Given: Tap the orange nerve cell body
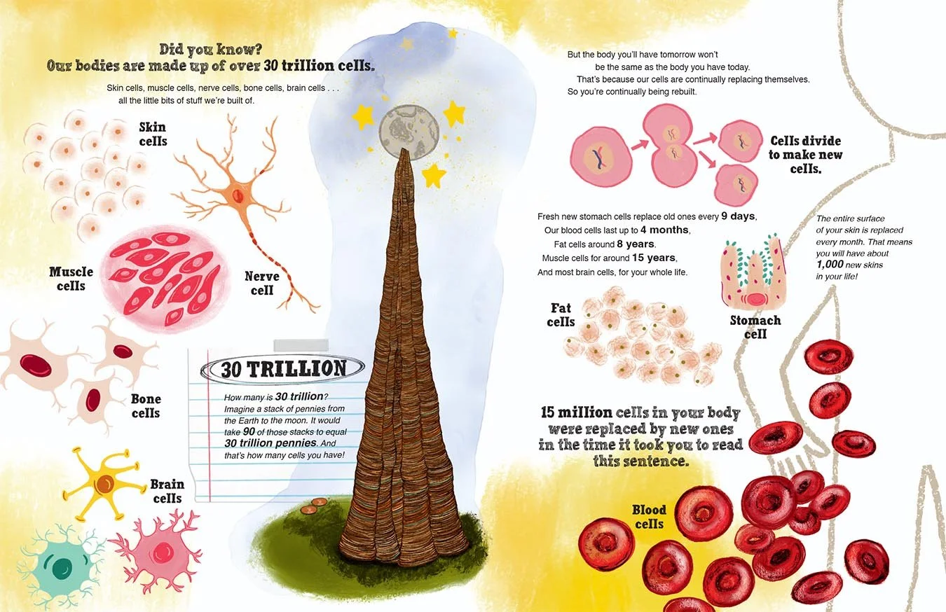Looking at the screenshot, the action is (239, 192).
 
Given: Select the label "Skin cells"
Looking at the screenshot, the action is (153, 133).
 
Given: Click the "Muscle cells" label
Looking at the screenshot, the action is (71, 279).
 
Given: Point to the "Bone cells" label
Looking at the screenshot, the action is (146, 406).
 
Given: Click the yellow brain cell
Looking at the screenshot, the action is (105, 482).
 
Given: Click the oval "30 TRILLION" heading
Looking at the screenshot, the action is (282, 368).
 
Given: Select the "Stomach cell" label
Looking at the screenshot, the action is (755, 327).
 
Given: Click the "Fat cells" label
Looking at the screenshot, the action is (561, 315).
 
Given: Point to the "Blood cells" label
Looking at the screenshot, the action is (649, 517).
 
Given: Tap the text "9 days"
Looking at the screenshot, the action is (739, 216).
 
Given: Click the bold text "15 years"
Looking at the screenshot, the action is (652, 258).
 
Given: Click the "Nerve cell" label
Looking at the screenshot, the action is (262, 283).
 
